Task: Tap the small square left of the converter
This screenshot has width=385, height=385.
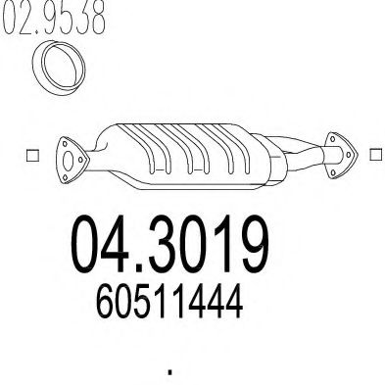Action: coord(30,155)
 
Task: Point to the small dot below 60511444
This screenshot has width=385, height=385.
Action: coord(170,372)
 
